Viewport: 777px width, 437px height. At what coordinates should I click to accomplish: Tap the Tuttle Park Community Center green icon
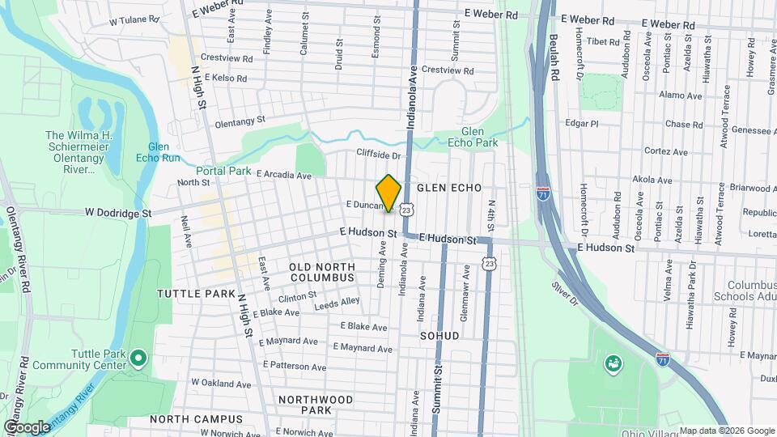click(x=138, y=358)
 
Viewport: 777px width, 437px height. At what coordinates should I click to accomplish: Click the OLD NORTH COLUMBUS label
click(x=322, y=272)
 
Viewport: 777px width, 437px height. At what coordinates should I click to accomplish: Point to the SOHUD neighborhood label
click(x=439, y=335)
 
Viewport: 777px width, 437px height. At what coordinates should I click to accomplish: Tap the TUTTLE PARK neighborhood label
click(x=196, y=294)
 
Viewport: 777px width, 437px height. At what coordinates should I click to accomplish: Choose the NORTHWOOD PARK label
click(x=315, y=405)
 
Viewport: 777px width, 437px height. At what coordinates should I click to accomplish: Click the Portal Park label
click(x=223, y=171)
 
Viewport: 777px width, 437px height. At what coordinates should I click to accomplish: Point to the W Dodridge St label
click(x=118, y=213)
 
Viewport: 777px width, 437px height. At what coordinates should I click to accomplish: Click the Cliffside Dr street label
click(x=379, y=155)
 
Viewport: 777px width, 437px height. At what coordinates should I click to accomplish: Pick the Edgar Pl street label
click(x=582, y=124)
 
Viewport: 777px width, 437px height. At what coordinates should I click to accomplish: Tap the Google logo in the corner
click(x=27, y=426)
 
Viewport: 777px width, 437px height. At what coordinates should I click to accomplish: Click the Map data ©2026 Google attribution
click(x=725, y=431)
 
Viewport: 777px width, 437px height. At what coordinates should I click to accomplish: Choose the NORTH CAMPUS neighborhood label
click(x=196, y=419)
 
